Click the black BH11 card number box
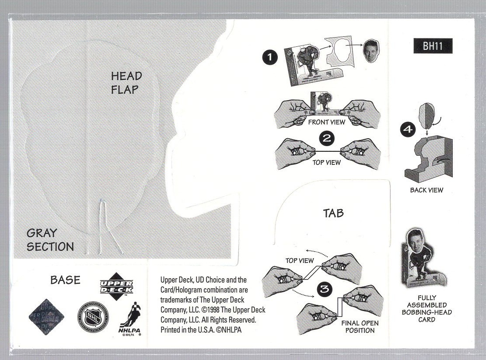click(432, 46)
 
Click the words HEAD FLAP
click(126, 83)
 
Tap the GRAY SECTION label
click(50, 240)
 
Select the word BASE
click(65, 280)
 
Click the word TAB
click(333, 213)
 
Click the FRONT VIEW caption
click(326, 122)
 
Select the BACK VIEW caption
click(426, 190)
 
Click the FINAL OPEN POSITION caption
click(360, 327)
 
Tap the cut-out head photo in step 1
click(371, 51)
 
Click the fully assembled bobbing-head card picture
click(423, 258)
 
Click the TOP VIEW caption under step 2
click(326, 163)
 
